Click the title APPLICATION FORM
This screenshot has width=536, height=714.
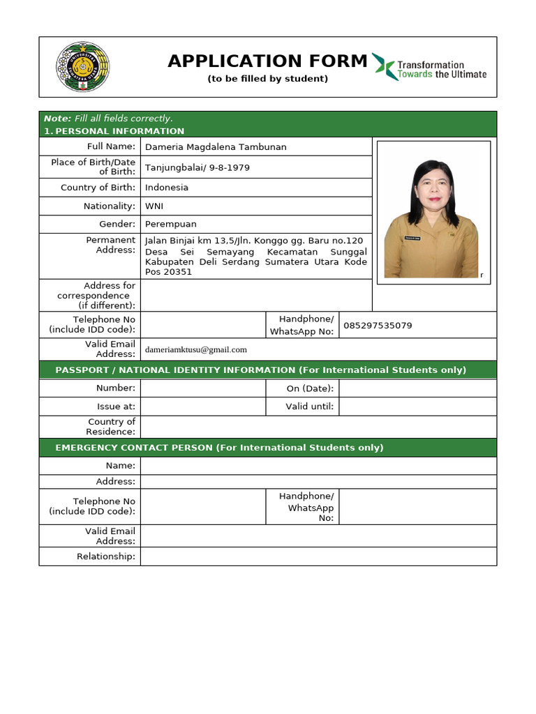pos(267,61)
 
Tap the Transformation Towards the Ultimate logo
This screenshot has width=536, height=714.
pos(429,67)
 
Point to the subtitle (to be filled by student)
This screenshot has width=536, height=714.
pos(267,79)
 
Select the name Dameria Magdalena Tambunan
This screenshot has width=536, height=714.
pos(216,147)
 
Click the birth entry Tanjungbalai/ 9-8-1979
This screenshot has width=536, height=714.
pos(198,168)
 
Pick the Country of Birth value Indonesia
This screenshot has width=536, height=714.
pos(167,188)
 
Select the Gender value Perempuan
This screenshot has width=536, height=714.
pos(171,225)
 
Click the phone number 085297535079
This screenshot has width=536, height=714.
pos(378,326)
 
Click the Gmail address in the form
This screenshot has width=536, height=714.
pos(196,349)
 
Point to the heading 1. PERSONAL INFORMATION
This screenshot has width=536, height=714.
pos(114,131)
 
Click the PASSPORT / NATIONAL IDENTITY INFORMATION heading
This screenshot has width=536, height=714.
pos(260,370)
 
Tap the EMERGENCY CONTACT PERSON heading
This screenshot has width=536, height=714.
pos(219,448)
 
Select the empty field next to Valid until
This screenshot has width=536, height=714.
pos(417,407)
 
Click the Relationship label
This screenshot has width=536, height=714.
pos(106,556)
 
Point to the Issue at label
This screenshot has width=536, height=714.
pos(116,407)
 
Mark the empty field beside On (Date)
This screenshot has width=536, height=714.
pos(417,388)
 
